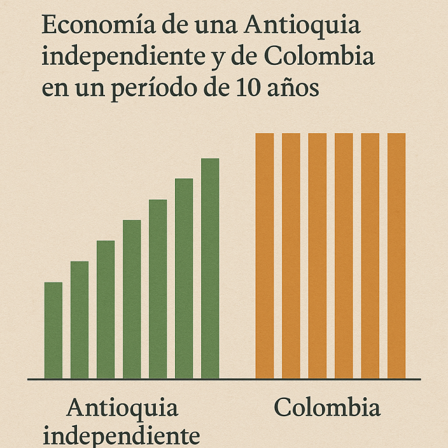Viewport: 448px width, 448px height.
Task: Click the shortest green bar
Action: coord(53,330)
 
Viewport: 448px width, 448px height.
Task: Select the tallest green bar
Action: coord(210,268)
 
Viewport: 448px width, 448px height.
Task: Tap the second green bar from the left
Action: coord(79,320)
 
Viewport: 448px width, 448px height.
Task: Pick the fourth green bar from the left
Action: coord(132,299)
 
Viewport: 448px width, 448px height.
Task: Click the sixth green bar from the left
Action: coord(184,278)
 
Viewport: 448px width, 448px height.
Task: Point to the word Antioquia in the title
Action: coord(303,27)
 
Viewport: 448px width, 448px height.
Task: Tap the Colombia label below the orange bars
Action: coord(327,408)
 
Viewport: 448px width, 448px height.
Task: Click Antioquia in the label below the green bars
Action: coord(122,408)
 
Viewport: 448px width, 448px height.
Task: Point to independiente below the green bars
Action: coord(121,436)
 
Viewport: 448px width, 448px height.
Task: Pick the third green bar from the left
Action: coord(106,309)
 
